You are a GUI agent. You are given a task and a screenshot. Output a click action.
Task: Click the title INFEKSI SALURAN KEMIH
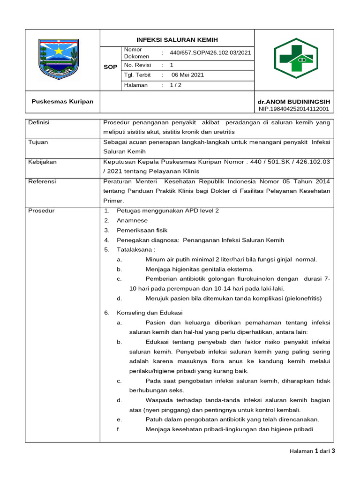[x=177, y=40]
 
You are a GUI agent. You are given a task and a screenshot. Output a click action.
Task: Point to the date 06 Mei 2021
[x=187, y=75]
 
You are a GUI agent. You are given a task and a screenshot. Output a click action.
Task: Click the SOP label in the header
[x=110, y=67]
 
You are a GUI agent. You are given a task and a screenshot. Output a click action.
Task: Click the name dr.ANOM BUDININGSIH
[x=294, y=102]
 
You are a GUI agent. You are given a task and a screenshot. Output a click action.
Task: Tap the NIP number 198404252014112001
[x=294, y=109]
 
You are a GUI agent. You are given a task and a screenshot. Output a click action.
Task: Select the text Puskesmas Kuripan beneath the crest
[x=62, y=101]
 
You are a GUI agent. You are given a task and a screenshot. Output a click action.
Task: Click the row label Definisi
[x=39, y=122]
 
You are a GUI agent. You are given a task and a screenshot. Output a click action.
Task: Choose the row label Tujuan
[x=38, y=142]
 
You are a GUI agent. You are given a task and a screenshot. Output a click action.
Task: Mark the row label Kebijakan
[x=42, y=162]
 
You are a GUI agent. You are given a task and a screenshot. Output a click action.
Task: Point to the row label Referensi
[x=42, y=181]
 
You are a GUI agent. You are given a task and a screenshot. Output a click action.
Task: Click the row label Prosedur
[x=41, y=211]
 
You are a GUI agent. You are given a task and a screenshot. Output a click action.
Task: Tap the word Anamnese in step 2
[x=132, y=221]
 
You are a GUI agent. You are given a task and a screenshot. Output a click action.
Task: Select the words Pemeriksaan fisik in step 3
[x=142, y=231]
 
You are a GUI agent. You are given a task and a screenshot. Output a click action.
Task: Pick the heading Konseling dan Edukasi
[x=150, y=313]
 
